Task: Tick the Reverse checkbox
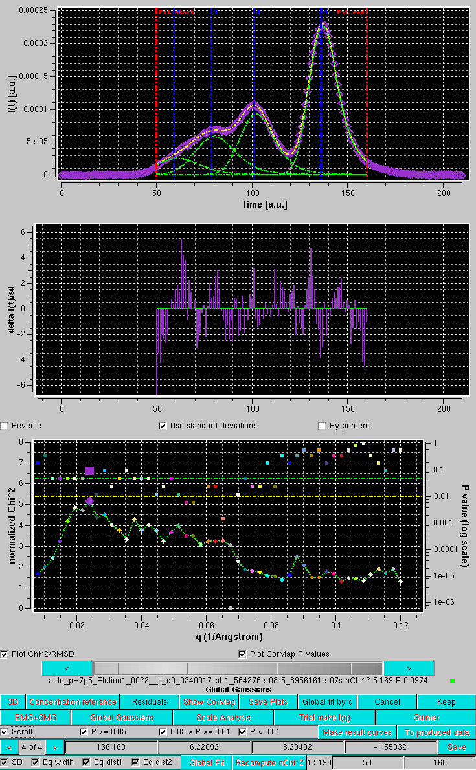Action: click(x=5, y=426)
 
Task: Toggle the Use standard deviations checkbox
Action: click(x=163, y=426)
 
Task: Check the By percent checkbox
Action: click(x=322, y=426)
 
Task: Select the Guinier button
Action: click(x=425, y=717)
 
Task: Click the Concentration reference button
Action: click(x=73, y=701)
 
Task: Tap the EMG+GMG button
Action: click(x=36, y=717)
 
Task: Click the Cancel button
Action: click(x=387, y=701)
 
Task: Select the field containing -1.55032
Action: click(x=391, y=747)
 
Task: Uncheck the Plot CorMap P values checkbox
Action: click(x=243, y=654)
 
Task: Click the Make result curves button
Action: click(x=358, y=732)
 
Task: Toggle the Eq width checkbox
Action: click(x=34, y=762)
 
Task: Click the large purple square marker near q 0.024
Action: click(x=89, y=471)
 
